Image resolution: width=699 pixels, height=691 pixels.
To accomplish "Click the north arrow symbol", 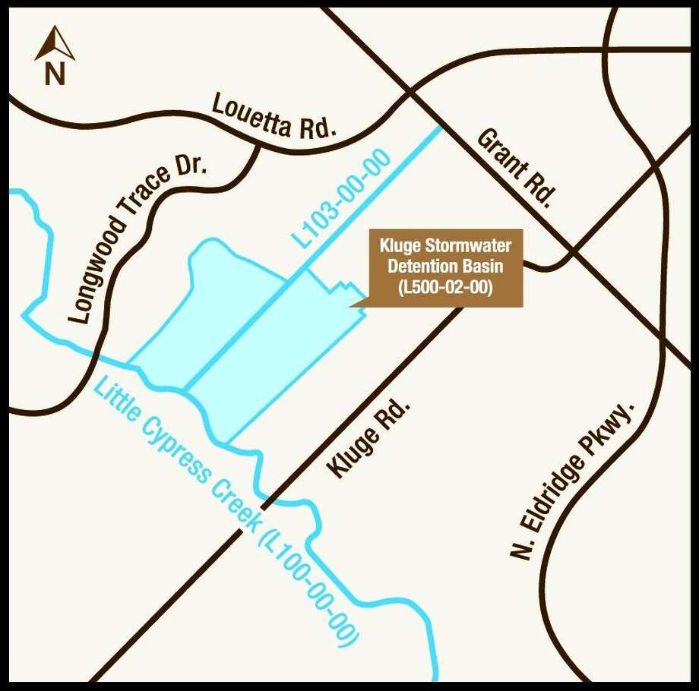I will pyautogui.click(x=55, y=43).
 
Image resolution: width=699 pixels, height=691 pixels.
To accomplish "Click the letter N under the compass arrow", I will pyautogui.click(x=55, y=74).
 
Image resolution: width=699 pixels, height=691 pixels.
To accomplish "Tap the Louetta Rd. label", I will pyautogui.click(x=274, y=116).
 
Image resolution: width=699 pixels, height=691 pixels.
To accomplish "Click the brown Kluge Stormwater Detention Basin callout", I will pyautogui.click(x=446, y=268).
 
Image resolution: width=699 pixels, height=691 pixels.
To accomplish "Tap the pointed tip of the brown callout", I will pyautogui.click(x=350, y=305).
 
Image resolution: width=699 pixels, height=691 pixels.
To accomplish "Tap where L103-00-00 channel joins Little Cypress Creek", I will pyautogui.click(x=185, y=391).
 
